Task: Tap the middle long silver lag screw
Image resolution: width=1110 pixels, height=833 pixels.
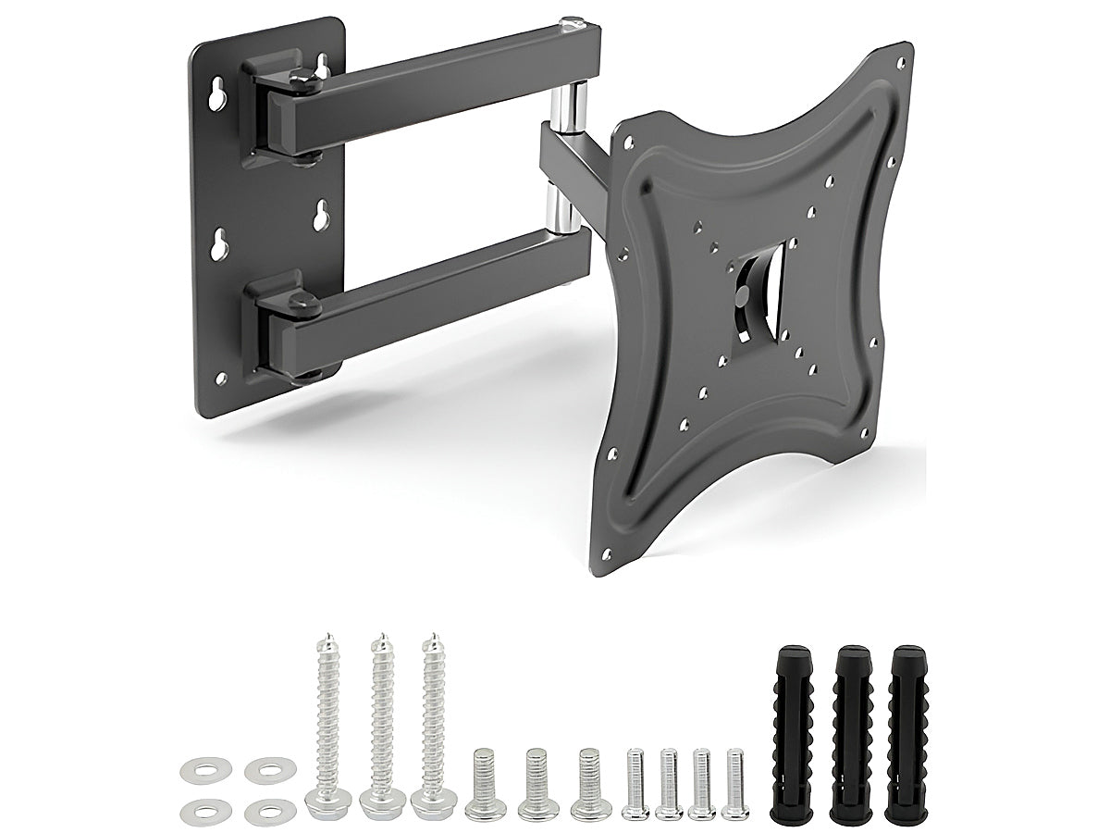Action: (x=379, y=722)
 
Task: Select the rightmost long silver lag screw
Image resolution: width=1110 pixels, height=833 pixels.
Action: (x=432, y=722)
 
